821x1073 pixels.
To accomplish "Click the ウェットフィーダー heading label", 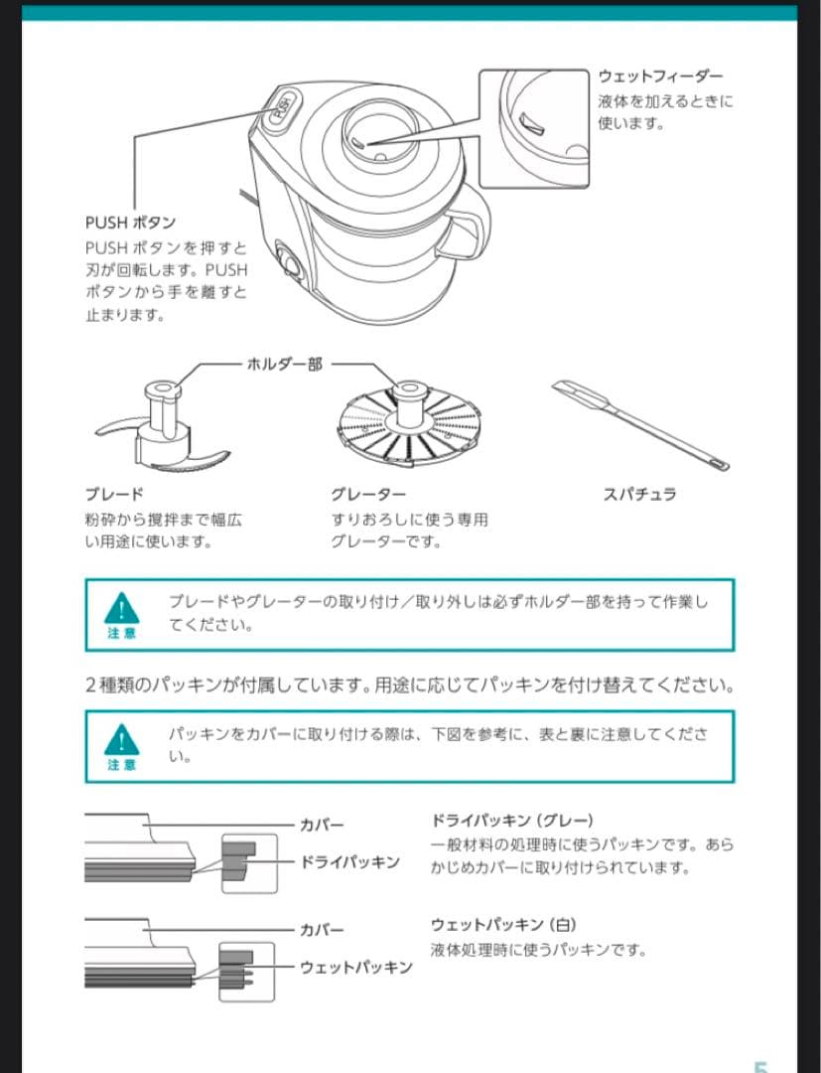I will (x=660, y=77).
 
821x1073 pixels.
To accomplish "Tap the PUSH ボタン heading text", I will (x=130, y=223).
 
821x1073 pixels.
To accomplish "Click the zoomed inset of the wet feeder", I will (x=535, y=128).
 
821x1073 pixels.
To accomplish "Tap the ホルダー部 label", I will (x=284, y=364).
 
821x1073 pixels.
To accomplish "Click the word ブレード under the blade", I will (x=114, y=494).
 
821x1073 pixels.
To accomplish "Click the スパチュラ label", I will (x=640, y=494).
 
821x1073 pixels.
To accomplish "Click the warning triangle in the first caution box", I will (x=121, y=606).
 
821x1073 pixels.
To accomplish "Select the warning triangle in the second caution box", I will (x=121, y=738).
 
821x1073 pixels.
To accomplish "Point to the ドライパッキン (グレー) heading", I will (x=512, y=820).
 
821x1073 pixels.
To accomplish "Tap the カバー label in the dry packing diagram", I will (x=322, y=825).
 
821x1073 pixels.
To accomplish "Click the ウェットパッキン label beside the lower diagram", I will (x=356, y=967).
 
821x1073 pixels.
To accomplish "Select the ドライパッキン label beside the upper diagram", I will (x=350, y=861).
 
